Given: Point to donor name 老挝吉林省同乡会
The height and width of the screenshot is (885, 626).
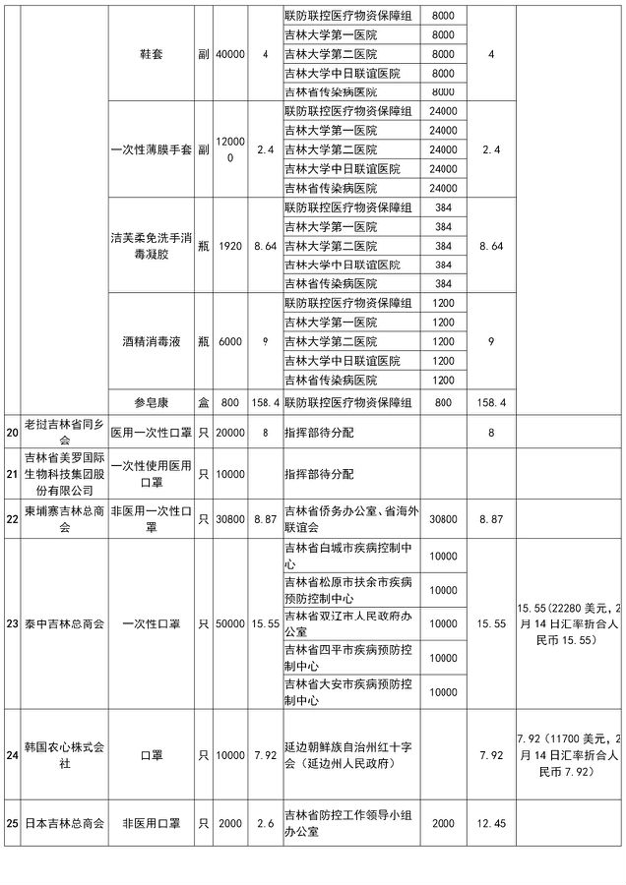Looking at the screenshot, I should (63, 431).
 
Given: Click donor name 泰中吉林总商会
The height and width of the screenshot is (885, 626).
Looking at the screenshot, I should (63, 623).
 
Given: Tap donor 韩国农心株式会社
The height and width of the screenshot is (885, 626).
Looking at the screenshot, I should (63, 756).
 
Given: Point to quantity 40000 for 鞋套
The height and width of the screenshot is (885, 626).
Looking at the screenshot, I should (229, 54).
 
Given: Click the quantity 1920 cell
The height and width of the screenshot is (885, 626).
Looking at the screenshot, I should (229, 245).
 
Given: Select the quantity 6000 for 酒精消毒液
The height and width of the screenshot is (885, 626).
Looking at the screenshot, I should (229, 341).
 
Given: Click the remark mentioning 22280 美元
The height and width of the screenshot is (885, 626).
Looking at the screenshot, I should (569, 623).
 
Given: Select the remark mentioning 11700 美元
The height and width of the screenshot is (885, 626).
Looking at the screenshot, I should (569, 755).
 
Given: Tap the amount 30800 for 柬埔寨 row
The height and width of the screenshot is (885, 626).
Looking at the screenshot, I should (442, 519).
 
